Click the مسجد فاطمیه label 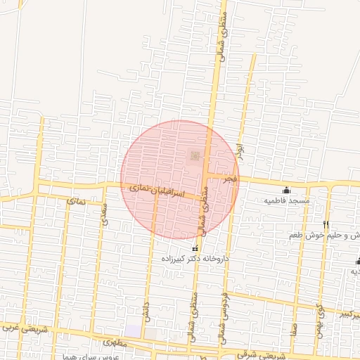coord(287,200)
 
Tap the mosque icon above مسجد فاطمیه coord(286,190)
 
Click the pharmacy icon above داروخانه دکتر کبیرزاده coord(195,249)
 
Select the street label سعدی coord(105,212)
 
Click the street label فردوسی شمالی coord(224,314)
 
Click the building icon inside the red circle coord(195,155)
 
